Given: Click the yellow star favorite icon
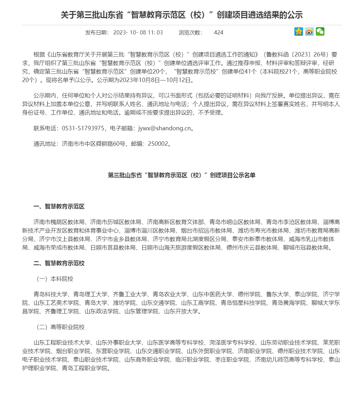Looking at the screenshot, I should point(299,32).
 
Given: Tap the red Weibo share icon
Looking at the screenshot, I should point(309,32).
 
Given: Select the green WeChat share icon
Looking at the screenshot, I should point(320,32).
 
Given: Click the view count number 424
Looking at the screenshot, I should point(218,32).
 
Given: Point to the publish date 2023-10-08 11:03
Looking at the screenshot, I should point(138,32).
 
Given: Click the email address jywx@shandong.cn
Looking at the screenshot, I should point(165,128).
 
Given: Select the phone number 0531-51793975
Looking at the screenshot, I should point(83,128).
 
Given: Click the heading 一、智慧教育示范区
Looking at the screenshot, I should point(59,207).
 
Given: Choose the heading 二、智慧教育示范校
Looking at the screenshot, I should point(59,263).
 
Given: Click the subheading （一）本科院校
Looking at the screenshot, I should point(53,279).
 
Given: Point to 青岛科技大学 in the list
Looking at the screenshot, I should point(50,294).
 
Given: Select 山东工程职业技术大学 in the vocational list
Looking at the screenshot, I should point(62,343).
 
